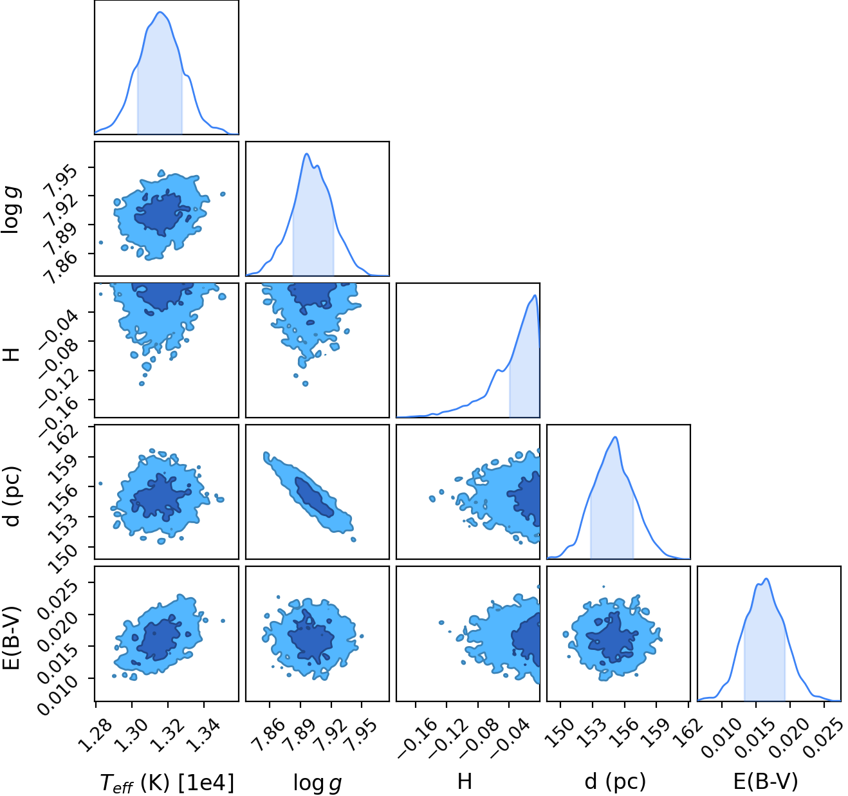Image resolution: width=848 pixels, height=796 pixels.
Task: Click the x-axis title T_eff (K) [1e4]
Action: (x=167, y=782)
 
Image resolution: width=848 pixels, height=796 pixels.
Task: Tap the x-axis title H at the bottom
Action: (x=465, y=782)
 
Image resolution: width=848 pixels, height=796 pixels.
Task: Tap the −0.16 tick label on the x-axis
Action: (x=417, y=737)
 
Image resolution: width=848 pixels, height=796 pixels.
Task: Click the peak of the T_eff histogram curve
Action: (x=160, y=12)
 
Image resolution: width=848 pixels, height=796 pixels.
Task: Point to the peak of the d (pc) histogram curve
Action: (x=615, y=437)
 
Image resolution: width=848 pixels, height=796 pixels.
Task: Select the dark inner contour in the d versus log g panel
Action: (x=315, y=497)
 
